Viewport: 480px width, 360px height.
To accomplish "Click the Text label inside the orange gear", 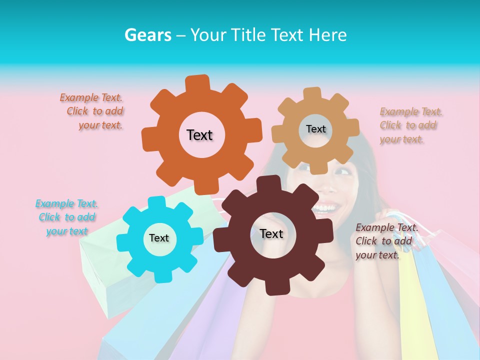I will coord(199,135).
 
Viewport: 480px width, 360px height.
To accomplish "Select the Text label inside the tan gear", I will coord(315,129).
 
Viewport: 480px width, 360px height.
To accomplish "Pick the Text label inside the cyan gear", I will coord(159,238).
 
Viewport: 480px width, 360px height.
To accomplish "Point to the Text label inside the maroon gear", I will coord(271,233).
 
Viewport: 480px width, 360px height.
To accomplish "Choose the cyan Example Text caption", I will coord(66,217).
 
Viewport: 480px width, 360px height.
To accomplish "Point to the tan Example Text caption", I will coord(410,125).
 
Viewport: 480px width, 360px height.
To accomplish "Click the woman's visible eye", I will coord(341,172).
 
